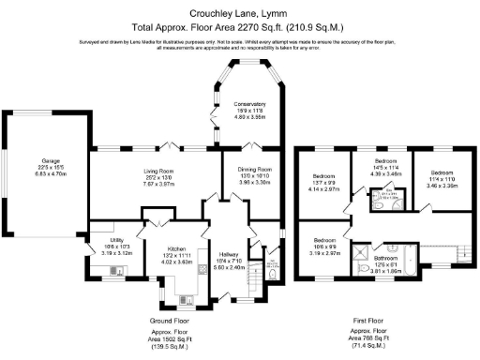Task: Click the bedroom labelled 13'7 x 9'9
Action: point(326,183)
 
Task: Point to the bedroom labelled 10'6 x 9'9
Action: point(327,245)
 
